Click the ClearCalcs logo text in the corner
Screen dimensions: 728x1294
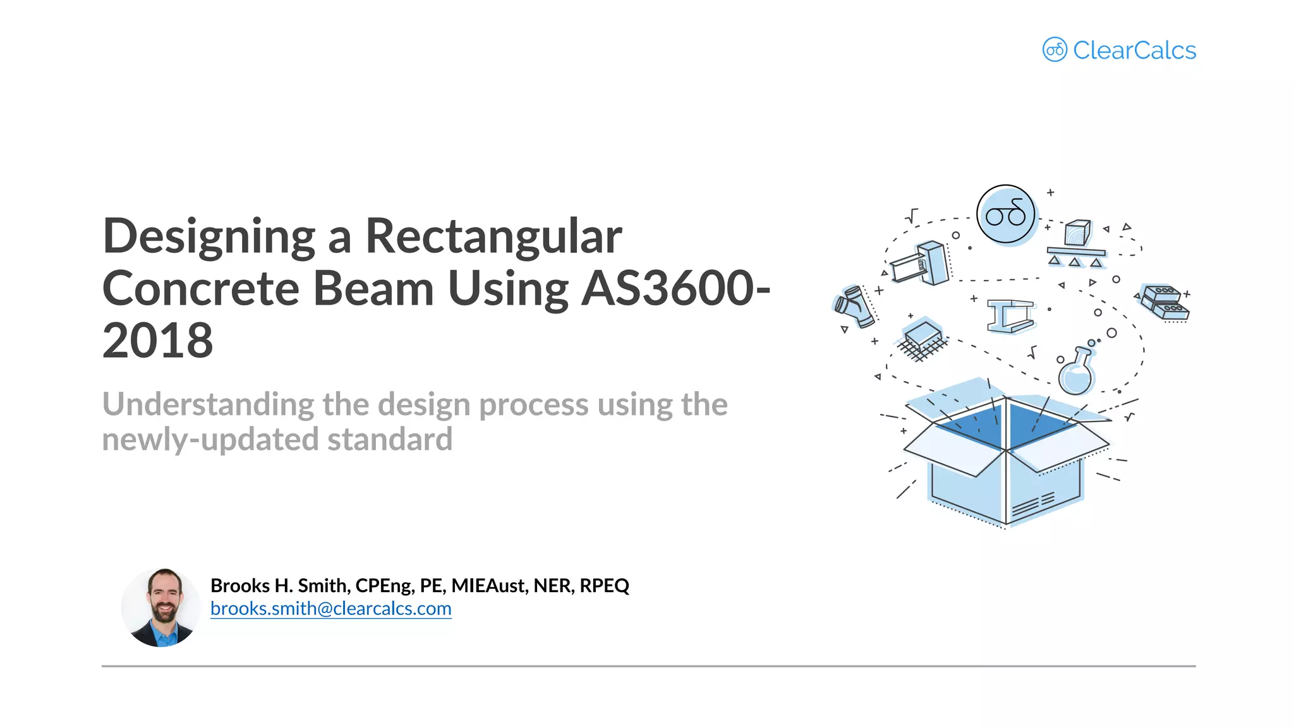pos(1134,51)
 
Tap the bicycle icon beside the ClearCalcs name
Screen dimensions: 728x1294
pos(1054,49)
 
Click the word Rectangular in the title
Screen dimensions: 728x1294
pos(493,236)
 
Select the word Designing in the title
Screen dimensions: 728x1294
pos(209,236)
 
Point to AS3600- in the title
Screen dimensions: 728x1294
pos(675,289)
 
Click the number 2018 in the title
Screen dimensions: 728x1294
pos(157,341)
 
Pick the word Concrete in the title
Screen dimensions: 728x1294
pos(201,289)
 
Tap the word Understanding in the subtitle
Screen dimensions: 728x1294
pos(208,404)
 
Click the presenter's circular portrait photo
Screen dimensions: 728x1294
pos(161,607)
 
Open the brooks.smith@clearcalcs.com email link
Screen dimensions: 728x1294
pos(330,609)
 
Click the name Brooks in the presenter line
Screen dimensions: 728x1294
pos(240,586)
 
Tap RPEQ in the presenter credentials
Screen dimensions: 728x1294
pos(604,586)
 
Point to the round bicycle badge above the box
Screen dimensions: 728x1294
pos(1005,214)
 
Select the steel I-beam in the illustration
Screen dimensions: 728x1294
pos(1011,315)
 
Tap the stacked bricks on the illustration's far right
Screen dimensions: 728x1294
pos(1164,302)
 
